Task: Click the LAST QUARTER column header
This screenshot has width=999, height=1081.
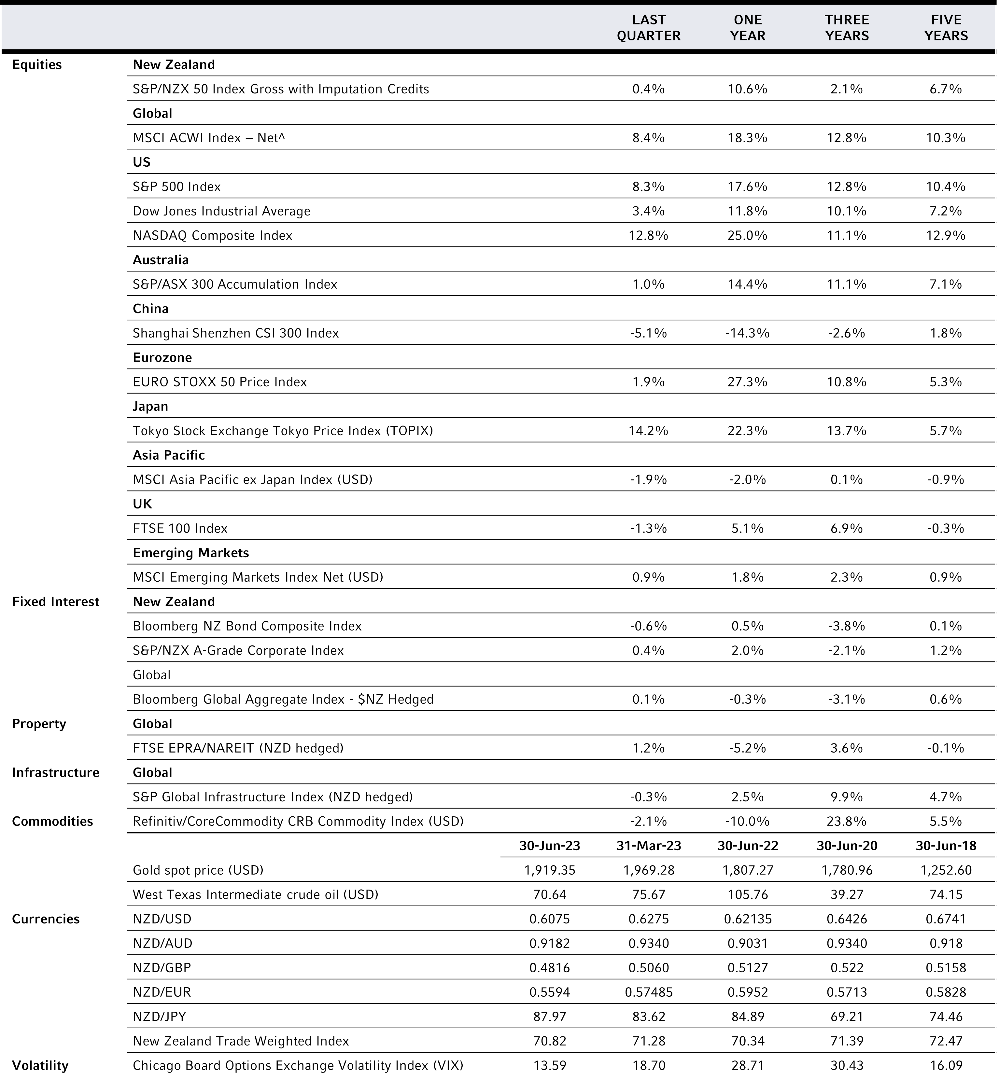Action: (649, 28)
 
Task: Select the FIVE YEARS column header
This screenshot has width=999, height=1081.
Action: (946, 28)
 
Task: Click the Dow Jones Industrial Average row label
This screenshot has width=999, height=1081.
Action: (222, 211)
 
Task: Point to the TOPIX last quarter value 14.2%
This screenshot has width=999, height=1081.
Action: (649, 431)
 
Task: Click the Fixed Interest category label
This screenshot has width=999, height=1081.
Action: (56, 602)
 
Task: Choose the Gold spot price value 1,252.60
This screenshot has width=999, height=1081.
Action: (946, 870)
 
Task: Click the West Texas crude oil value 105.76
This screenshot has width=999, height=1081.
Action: (748, 894)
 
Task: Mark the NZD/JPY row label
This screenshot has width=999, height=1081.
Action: (160, 1017)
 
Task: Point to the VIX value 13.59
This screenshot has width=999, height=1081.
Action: (550, 1065)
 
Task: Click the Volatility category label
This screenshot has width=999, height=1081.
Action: (41, 1065)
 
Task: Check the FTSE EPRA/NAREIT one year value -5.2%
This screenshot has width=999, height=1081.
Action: (748, 748)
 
